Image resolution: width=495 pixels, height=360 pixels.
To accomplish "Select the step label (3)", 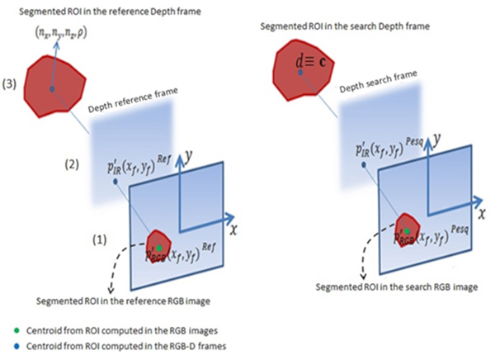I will [x=12, y=84].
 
